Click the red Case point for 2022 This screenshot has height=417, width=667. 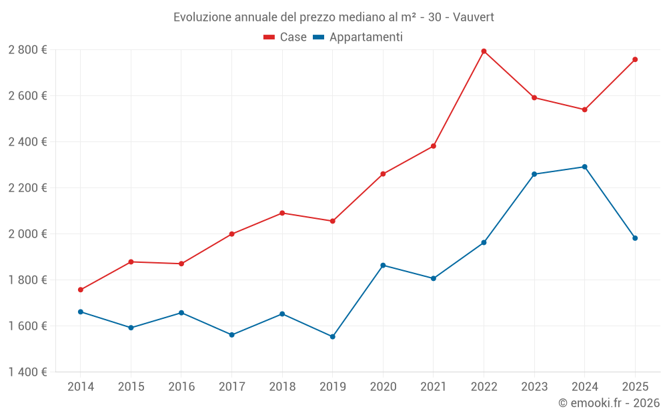(484, 51)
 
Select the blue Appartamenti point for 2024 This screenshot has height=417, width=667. (584, 167)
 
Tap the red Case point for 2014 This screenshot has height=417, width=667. (81, 290)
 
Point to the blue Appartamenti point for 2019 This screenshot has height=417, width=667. (332, 337)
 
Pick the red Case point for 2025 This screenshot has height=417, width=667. (635, 59)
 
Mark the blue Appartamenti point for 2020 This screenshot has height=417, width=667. (383, 266)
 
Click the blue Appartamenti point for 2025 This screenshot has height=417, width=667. (635, 238)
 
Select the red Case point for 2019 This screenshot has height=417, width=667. (332, 221)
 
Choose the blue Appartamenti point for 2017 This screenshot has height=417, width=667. (231, 335)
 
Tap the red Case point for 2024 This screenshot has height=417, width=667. (584, 109)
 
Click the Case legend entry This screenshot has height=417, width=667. (285, 37)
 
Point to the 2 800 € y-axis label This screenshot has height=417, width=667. (27, 50)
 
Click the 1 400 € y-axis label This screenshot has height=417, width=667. (27, 372)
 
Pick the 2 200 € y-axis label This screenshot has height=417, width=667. (27, 188)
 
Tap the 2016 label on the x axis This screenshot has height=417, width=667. (181, 387)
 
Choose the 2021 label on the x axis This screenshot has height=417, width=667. (433, 387)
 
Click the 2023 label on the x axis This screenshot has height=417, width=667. (534, 387)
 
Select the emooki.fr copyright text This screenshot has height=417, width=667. (609, 403)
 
